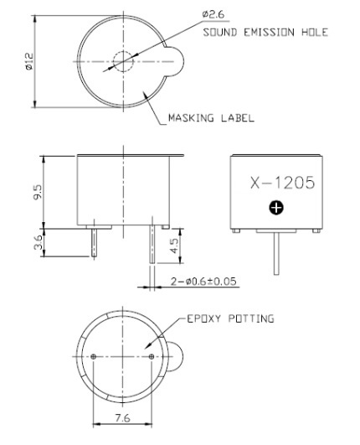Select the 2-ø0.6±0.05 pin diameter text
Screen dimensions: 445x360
(203, 282)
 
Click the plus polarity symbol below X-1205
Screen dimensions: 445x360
(277, 207)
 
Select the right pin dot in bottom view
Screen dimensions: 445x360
(151, 358)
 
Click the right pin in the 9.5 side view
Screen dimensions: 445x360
(152, 247)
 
